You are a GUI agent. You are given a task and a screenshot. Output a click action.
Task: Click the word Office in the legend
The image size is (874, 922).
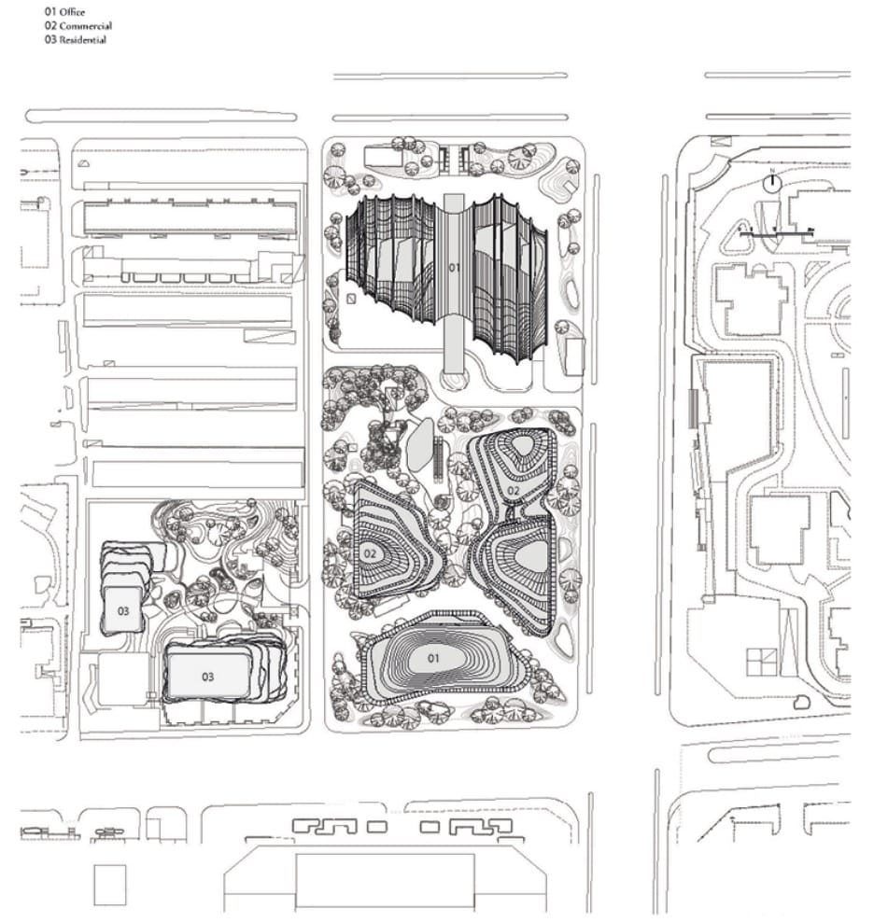(x=71, y=12)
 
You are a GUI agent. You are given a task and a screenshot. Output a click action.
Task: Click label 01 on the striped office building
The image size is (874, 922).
(x=455, y=269)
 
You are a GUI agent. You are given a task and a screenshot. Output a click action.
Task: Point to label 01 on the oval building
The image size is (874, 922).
(x=433, y=658)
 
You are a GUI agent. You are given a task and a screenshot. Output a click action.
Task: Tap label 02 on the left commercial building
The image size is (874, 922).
(x=370, y=553)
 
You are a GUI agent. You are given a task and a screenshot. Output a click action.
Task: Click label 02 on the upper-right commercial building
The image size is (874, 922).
(x=513, y=490)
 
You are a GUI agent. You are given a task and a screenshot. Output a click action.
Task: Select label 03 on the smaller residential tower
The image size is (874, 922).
(x=123, y=610)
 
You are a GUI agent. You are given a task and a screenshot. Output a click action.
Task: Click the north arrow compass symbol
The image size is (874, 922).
(x=771, y=183)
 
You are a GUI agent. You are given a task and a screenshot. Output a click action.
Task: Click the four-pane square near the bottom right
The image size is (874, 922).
(x=760, y=662)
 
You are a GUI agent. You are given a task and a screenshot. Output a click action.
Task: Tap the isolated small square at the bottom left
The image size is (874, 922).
(x=109, y=885)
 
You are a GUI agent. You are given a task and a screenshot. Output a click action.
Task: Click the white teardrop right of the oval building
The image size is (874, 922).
(x=563, y=639)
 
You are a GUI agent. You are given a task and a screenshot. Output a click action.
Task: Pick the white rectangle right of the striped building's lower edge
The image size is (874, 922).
(x=573, y=356)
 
